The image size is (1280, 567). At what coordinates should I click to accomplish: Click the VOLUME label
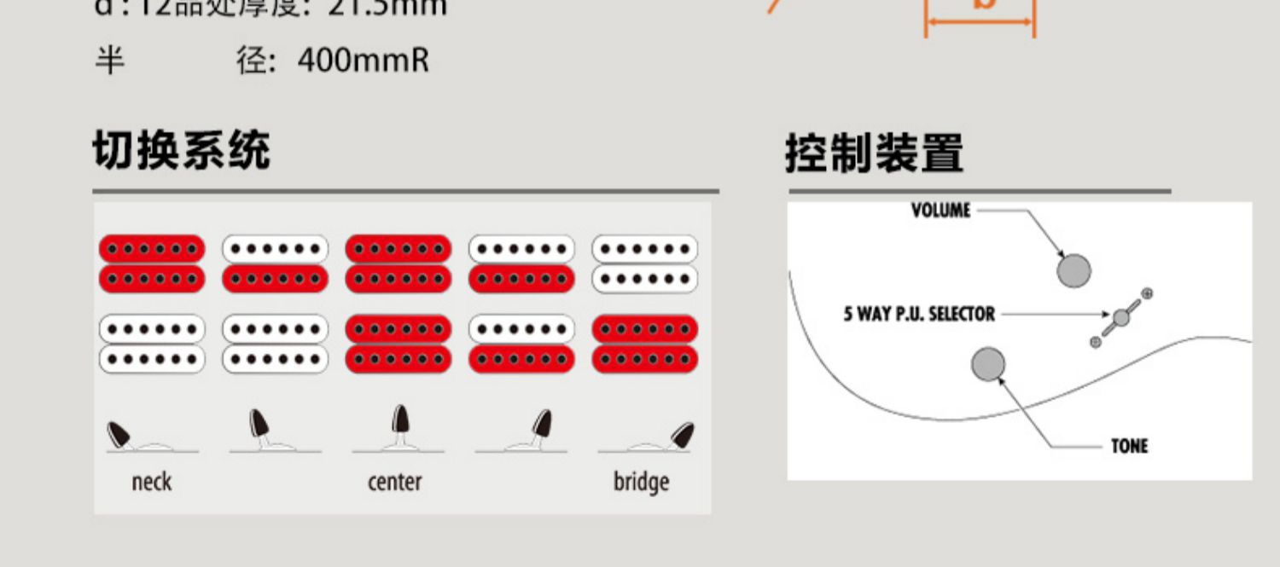(x=940, y=210)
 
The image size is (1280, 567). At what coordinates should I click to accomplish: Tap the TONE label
(x=1129, y=446)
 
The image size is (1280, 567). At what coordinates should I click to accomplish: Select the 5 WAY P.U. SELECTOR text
(x=919, y=314)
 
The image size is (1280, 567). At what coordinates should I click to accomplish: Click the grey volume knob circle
(x=1073, y=270)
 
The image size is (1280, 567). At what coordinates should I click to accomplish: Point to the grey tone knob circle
(x=988, y=364)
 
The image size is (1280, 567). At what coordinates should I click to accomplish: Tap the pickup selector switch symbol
(x=1120, y=318)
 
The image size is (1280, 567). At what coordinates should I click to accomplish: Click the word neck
(x=151, y=482)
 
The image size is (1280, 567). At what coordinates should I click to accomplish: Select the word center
(x=394, y=482)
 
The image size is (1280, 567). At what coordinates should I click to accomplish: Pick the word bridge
(x=641, y=482)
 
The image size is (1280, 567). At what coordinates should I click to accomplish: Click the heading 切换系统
(x=181, y=151)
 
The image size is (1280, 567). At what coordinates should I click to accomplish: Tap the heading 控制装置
(x=874, y=154)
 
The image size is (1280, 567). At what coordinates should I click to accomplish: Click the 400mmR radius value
(x=364, y=61)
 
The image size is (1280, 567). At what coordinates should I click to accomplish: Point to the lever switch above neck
(x=119, y=435)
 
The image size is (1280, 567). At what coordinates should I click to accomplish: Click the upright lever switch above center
(x=399, y=421)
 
